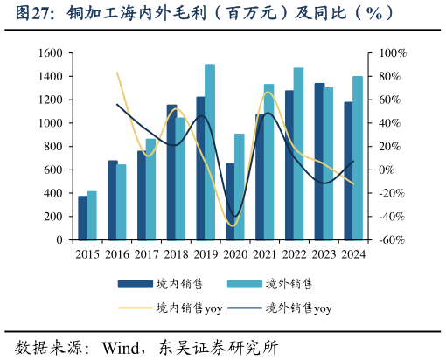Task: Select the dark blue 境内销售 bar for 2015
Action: pos(82,218)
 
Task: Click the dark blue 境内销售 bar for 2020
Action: pos(230,201)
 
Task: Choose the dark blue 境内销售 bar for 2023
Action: pos(319,161)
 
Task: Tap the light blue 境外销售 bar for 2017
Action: pos(150,189)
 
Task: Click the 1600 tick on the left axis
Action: pos(49,53)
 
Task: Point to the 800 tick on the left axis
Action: pos(52,146)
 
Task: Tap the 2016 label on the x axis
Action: pos(117,254)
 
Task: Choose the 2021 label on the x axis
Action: pos(264,254)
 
